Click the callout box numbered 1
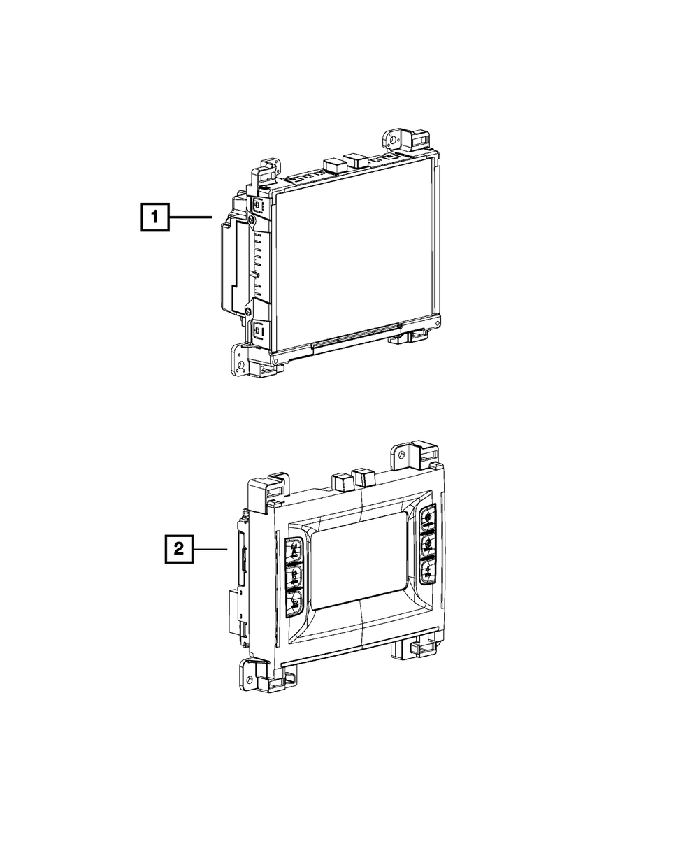click(x=155, y=217)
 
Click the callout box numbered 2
click(x=179, y=549)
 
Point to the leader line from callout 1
click(x=191, y=217)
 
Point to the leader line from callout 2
click(x=210, y=549)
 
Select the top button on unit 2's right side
click(x=428, y=518)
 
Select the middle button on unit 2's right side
click(x=427, y=544)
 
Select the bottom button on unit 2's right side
click(x=426, y=571)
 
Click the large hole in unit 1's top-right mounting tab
click(x=393, y=141)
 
